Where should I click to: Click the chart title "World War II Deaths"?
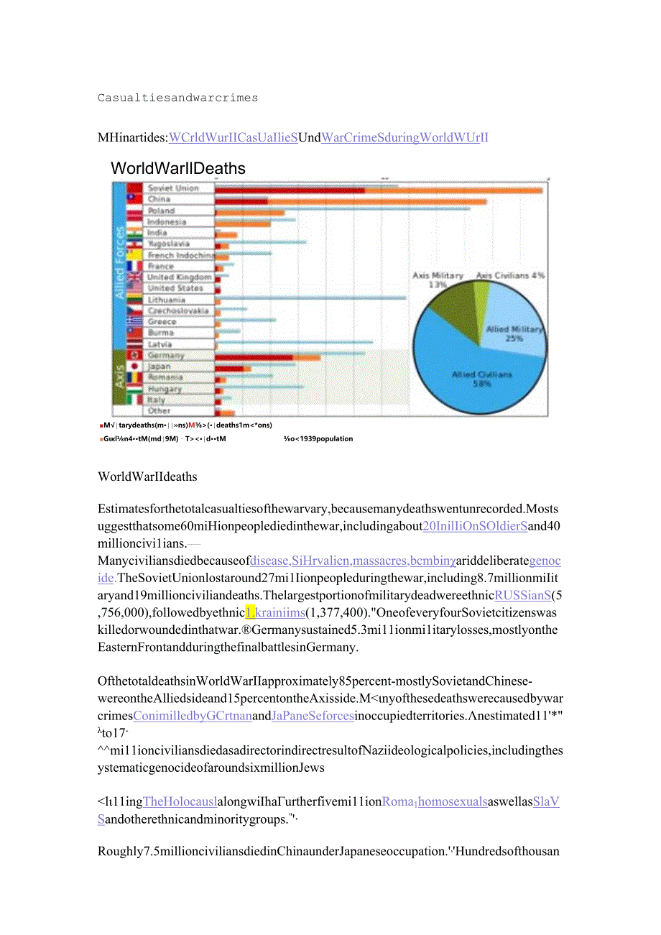tap(178, 169)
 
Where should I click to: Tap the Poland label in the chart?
tap(162, 211)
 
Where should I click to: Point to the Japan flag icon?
tap(134, 367)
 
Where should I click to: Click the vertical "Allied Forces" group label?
tap(120, 262)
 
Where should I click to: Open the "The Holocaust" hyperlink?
tap(180, 801)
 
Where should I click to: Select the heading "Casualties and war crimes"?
tap(177, 98)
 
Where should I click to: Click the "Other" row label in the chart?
tap(160, 411)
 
